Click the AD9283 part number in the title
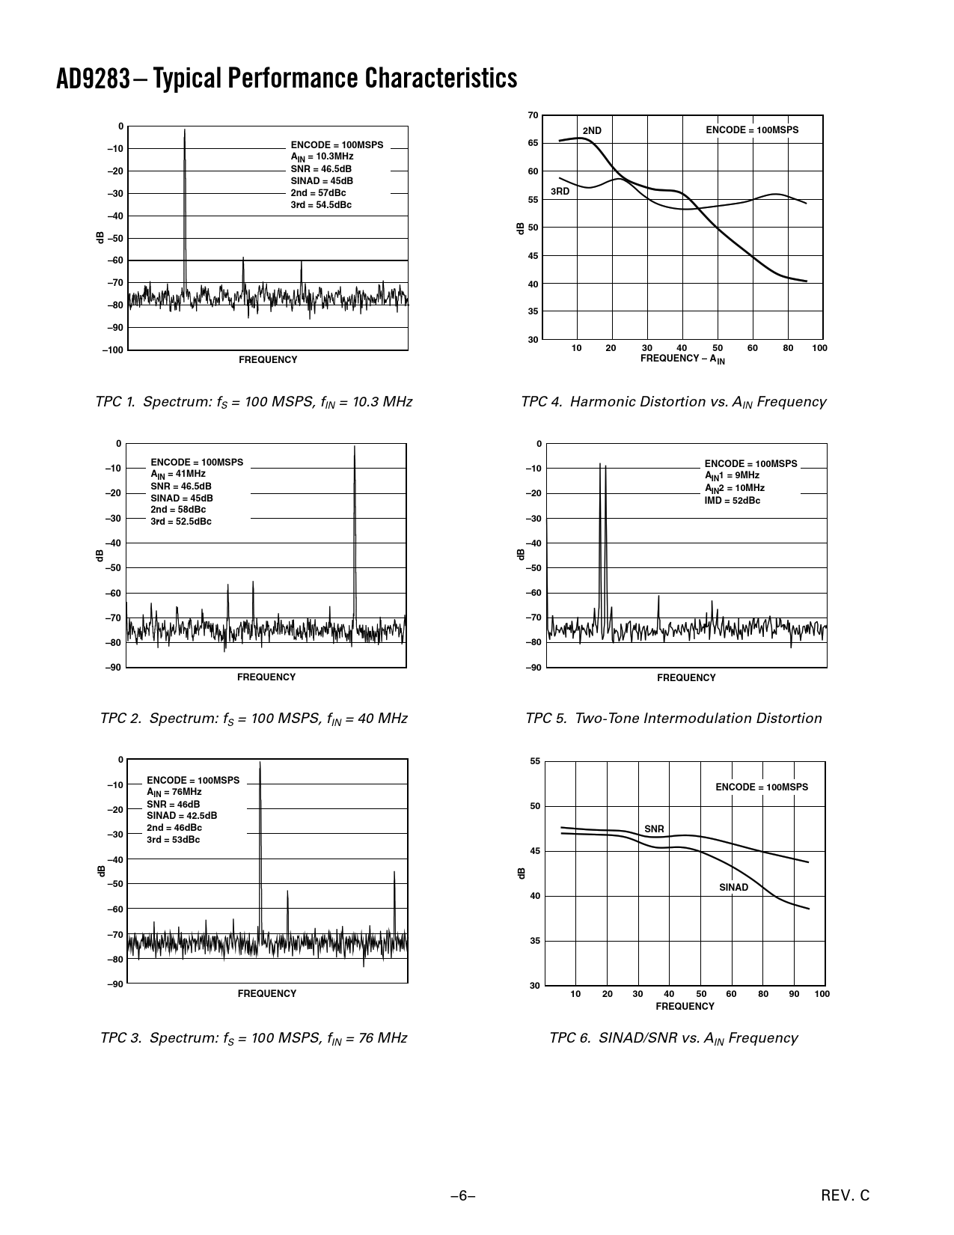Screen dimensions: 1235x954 pyautogui.click(x=94, y=78)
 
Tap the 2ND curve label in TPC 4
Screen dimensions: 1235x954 pyautogui.click(x=592, y=130)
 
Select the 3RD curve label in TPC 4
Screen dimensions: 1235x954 pyautogui.click(x=560, y=192)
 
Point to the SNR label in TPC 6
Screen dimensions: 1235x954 pyautogui.click(x=654, y=829)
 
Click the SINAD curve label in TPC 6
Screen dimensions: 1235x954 pyautogui.click(x=733, y=888)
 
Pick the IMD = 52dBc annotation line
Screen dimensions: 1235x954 pyautogui.click(x=732, y=501)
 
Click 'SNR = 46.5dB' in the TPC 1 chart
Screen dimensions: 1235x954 pyautogui.click(x=321, y=169)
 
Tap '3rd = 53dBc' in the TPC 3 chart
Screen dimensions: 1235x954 pyautogui.click(x=173, y=840)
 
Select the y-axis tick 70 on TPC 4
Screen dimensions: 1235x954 pyautogui.click(x=533, y=115)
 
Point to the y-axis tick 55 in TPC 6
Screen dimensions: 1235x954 pyautogui.click(x=534, y=761)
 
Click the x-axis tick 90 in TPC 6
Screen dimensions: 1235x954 pyautogui.click(x=794, y=994)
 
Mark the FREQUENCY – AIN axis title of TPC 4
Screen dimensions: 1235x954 pyautogui.click(x=682, y=359)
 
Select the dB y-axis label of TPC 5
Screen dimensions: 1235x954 pyautogui.click(x=521, y=554)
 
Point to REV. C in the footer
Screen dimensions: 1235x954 pyautogui.click(x=846, y=1196)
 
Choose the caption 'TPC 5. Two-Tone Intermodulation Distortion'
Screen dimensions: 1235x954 pyautogui.click(x=673, y=719)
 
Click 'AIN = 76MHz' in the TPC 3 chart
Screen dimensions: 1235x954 pyautogui.click(x=174, y=792)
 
